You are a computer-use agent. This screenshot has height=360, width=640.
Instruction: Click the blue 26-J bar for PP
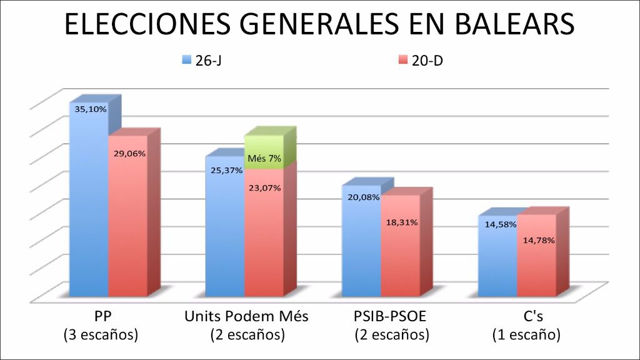pos(88,206)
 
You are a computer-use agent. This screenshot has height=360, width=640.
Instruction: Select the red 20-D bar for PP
pos(128,225)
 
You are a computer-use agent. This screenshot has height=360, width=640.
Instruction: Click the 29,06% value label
pos(129,153)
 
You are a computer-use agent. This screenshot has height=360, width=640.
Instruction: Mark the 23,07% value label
pos(264,187)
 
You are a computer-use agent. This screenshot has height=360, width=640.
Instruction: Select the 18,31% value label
pos(402,222)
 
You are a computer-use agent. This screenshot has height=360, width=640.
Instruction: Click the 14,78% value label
pos(537,239)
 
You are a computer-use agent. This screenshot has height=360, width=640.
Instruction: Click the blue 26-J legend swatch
pos(186,60)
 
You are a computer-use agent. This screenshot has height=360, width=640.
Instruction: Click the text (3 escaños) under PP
pos(101,335)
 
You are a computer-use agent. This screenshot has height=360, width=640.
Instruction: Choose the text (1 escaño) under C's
pos(526,335)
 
